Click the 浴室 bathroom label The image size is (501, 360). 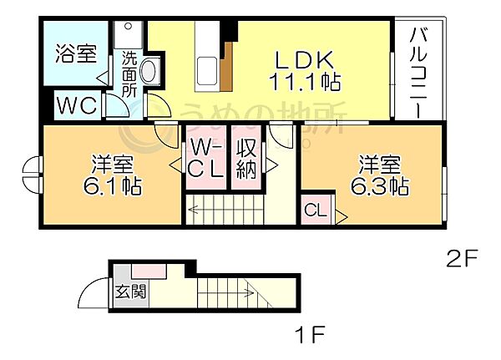click(x=76, y=53)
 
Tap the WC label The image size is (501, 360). click(x=77, y=105)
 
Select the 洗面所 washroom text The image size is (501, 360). click(x=129, y=74)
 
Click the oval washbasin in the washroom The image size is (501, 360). click(x=148, y=71)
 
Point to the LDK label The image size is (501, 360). click(x=305, y=60)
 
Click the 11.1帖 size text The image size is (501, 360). click(x=305, y=82)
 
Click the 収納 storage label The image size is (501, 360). click(x=246, y=159)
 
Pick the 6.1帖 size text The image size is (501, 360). click(x=113, y=185)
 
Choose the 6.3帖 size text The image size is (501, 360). click(x=380, y=185)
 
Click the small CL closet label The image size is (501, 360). click(x=316, y=210)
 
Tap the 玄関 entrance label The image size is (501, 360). click(x=130, y=291)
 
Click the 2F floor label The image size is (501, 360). click(x=462, y=259)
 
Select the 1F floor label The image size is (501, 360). click(x=310, y=334)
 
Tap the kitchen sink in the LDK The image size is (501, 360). click(x=207, y=71)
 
